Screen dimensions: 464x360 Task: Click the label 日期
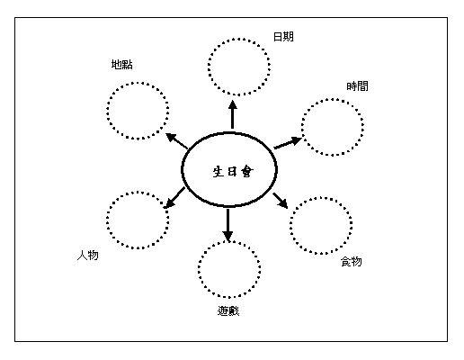click(x=283, y=37)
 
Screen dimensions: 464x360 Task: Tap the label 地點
click(x=122, y=65)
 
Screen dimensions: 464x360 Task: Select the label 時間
click(x=357, y=86)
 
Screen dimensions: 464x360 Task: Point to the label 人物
click(x=88, y=256)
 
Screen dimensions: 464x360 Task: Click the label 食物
click(x=352, y=262)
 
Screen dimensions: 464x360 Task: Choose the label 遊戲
click(x=228, y=310)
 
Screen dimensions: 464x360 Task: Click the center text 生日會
click(x=233, y=172)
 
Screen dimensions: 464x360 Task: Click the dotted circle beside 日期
click(x=239, y=39)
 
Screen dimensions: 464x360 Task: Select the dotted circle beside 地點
click(x=138, y=83)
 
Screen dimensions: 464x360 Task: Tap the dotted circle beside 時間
click(x=333, y=99)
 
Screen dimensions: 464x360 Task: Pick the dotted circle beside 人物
click(x=138, y=192)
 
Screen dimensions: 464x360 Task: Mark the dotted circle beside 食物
click(x=321, y=197)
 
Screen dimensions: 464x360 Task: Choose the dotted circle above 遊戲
click(x=229, y=241)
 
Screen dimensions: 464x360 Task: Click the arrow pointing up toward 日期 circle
click(x=232, y=114)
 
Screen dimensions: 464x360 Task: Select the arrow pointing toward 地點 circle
click(x=177, y=141)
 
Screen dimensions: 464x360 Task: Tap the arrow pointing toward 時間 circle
click(x=288, y=142)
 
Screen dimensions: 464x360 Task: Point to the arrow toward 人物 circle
click(x=174, y=198)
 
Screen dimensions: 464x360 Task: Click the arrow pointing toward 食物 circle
click(x=281, y=201)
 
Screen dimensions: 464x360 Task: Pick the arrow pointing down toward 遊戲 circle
click(x=228, y=225)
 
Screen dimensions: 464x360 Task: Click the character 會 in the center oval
click(x=247, y=172)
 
